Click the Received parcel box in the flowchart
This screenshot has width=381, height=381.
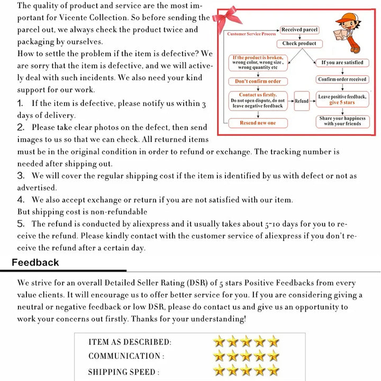300,30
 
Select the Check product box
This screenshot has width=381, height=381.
299,43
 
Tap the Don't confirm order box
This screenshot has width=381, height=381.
258,81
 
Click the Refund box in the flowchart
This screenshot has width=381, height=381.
302,101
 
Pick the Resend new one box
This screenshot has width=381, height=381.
258,123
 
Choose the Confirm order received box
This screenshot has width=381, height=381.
342,79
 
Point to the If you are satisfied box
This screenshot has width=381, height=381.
342,62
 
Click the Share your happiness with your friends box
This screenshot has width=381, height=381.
342,121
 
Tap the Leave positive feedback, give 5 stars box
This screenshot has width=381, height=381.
342,99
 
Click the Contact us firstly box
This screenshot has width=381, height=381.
258,101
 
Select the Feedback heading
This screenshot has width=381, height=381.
35,262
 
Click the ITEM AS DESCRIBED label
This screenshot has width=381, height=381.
130,342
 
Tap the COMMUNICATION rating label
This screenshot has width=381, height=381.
126,357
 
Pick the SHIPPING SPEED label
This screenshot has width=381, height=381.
122,372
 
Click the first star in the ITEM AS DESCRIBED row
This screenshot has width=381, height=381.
219,341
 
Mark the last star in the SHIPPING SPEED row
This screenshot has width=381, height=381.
273,370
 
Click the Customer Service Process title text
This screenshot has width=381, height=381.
251,34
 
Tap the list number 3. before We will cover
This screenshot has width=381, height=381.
21,175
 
